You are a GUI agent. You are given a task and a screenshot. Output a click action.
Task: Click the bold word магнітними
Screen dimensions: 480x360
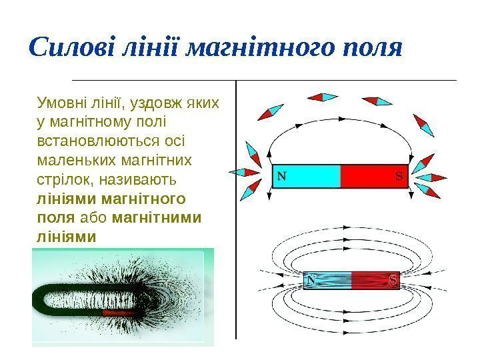(157, 217)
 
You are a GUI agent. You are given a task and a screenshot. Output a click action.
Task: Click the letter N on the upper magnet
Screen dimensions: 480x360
(282, 177)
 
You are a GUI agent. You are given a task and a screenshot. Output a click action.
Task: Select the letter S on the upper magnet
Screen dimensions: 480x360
(398, 177)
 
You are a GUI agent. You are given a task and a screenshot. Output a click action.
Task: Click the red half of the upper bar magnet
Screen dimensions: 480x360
(373, 177)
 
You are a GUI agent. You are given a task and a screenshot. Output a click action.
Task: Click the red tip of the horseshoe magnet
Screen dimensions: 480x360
(120, 311)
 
